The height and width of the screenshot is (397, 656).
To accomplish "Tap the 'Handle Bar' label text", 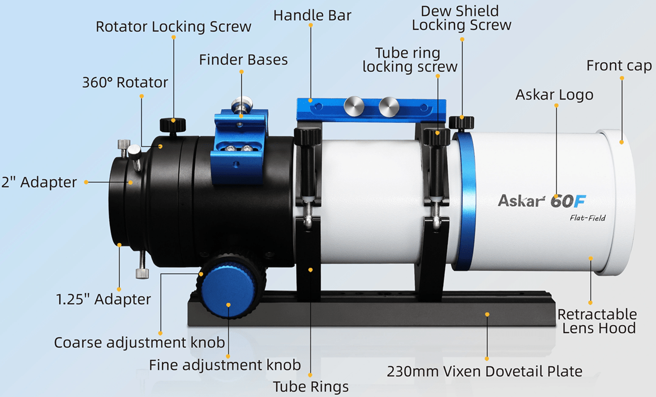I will [x=312, y=15].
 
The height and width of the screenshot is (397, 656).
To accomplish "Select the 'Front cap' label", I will [x=619, y=66].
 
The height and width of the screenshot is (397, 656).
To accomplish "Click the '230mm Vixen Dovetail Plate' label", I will [x=484, y=372].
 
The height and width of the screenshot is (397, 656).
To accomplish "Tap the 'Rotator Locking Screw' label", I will [x=173, y=27].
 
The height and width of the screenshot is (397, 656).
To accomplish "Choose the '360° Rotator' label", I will [x=125, y=83].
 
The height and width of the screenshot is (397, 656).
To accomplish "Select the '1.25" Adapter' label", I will [x=104, y=299].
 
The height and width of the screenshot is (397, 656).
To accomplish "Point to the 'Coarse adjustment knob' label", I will [x=139, y=342].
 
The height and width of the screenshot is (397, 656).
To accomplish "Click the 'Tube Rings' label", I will [x=311, y=387].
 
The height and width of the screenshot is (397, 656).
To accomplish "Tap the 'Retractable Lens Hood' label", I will [x=597, y=321].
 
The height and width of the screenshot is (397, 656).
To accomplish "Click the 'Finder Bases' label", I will [x=243, y=60].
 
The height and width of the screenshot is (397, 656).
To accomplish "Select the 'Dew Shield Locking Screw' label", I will [x=461, y=18].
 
